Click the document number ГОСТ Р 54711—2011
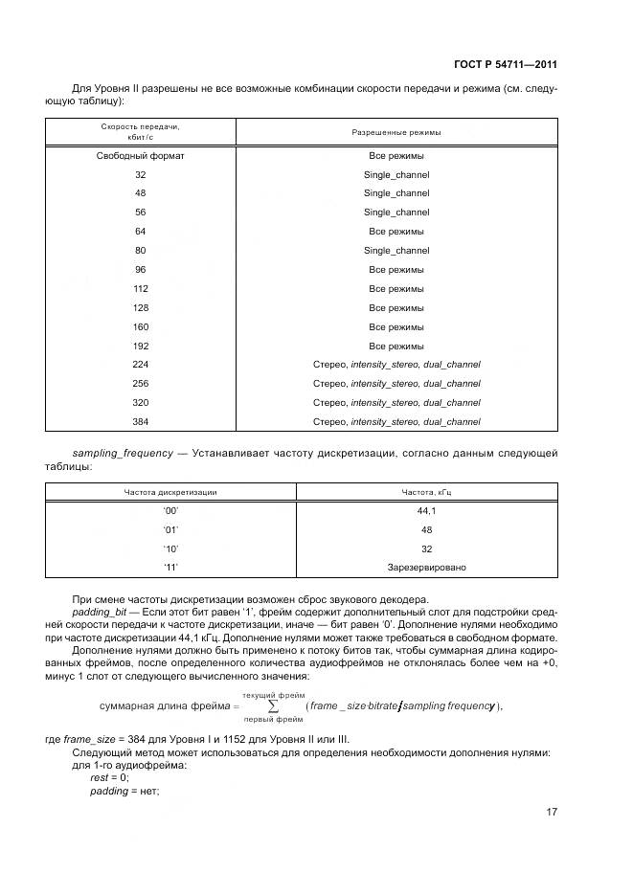pos(506,65)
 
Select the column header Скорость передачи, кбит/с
pos(141,131)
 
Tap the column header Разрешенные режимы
pos(396,132)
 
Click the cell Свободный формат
pos(141,155)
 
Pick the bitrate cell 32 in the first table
pos(141,174)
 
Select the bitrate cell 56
pos(141,213)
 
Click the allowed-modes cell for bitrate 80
pos(396,251)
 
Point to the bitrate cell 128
pos(141,307)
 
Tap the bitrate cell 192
pos(141,346)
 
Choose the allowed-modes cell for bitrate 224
pos(396,365)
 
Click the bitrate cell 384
pos(141,421)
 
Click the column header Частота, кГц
pos(426,492)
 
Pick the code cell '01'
pos(170,529)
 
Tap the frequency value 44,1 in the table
pos(426,511)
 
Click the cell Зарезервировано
pos(426,568)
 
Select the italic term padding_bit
pos(100,611)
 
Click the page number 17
pos(552,813)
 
